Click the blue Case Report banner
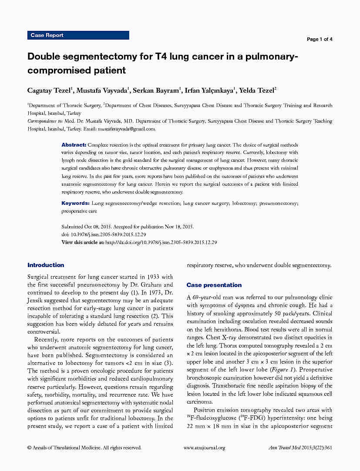click(x=78, y=35)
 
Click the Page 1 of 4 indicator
click(x=320, y=39)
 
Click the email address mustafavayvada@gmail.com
click(x=126, y=129)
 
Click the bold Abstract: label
click(x=74, y=144)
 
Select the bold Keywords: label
click(x=75, y=203)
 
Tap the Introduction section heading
click(x=46, y=265)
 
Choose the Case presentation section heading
click(x=214, y=285)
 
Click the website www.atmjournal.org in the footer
click(x=204, y=448)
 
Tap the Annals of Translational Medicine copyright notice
click(x=84, y=448)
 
